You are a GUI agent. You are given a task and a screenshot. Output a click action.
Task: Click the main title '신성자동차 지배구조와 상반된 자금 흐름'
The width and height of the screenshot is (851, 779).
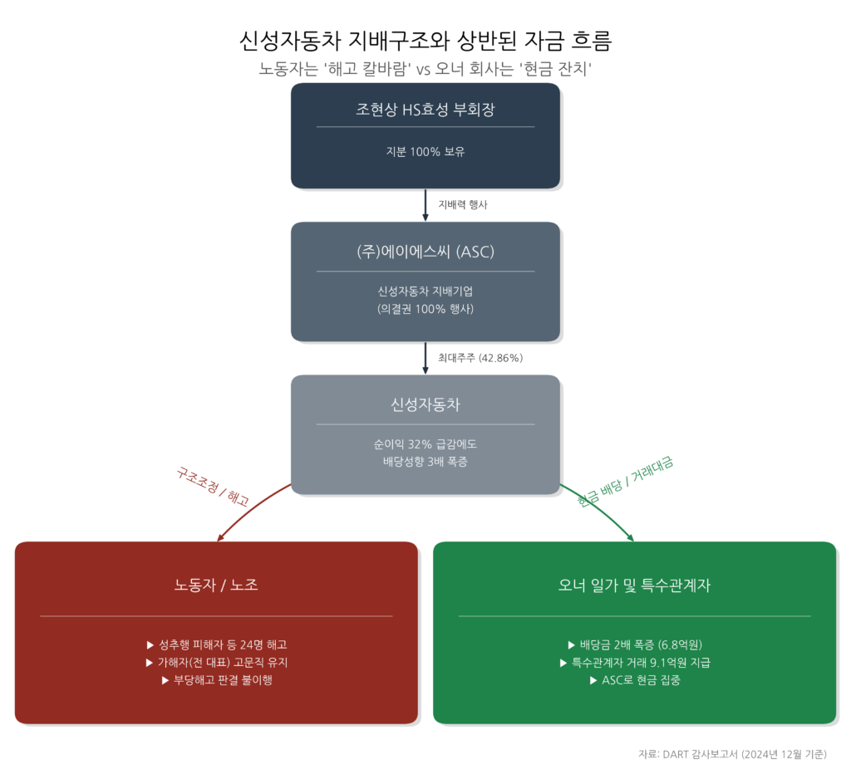[x=425, y=41]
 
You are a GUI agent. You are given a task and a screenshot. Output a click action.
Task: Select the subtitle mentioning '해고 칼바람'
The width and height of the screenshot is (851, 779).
[x=425, y=69]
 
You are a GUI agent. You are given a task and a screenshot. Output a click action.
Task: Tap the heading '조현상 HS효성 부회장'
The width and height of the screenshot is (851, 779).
[x=425, y=110]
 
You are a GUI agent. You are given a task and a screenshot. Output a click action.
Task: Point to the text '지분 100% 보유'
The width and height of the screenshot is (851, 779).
[x=425, y=152]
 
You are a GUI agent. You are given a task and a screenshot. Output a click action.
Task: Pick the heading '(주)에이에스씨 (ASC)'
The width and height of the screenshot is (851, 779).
[x=425, y=252]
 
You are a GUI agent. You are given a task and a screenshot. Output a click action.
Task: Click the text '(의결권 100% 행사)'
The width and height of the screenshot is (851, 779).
[x=425, y=308]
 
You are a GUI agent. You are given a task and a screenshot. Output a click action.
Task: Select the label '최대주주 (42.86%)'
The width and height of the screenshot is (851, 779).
[x=480, y=358]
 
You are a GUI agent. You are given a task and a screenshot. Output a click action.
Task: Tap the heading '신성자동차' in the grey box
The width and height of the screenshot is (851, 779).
[x=425, y=405]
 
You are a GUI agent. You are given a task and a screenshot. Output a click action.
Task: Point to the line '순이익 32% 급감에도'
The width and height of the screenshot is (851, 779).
[x=425, y=443]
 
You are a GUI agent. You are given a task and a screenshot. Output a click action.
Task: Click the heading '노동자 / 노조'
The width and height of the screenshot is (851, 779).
[x=216, y=585]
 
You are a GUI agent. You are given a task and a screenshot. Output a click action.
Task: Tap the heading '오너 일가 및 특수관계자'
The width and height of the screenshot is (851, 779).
[x=634, y=585]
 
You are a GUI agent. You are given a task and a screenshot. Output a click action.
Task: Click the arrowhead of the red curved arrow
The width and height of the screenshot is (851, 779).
[x=220, y=538]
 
